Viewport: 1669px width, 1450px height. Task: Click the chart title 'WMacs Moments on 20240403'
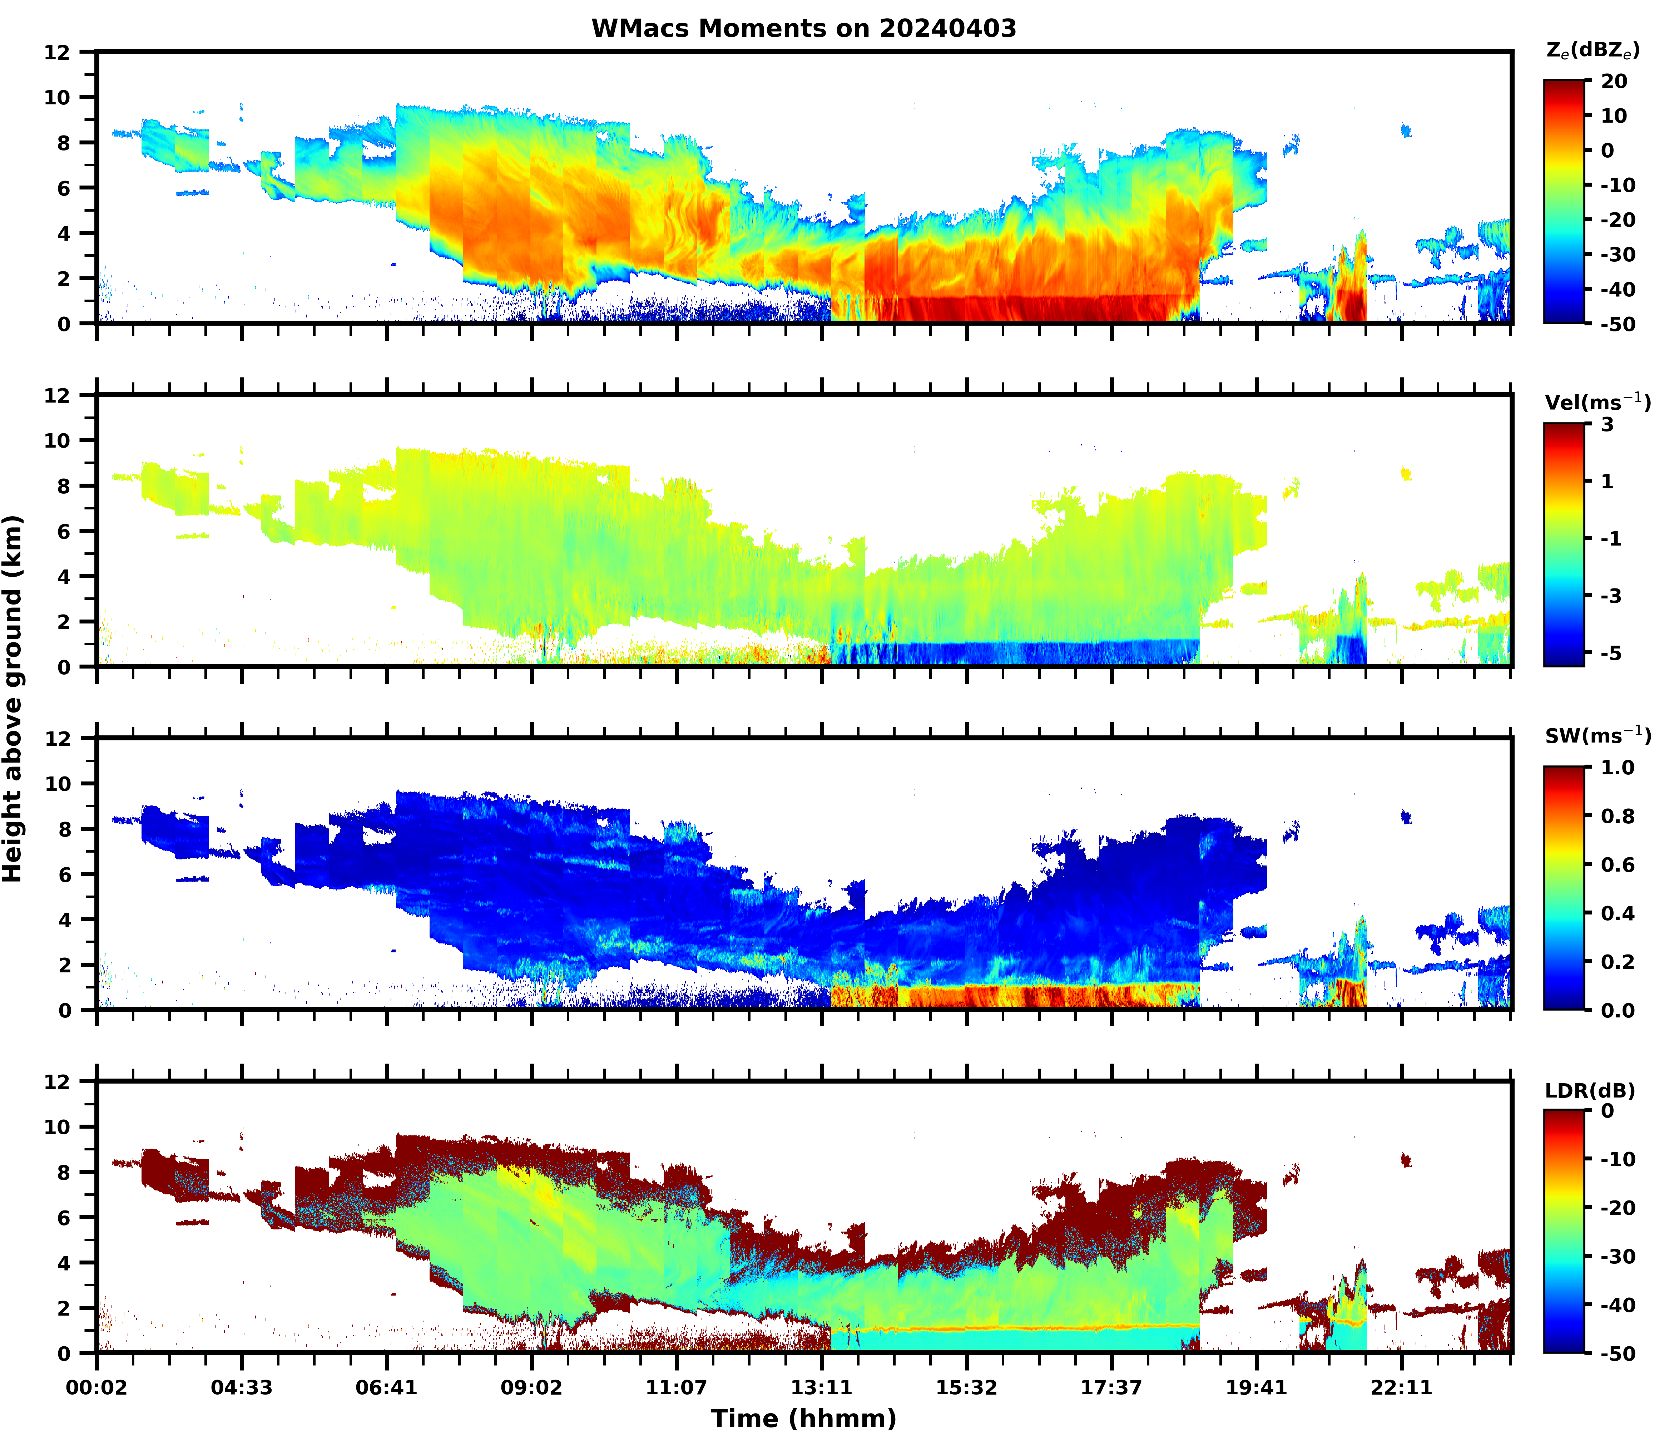[803, 28]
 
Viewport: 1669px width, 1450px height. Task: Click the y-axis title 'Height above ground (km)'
[13, 698]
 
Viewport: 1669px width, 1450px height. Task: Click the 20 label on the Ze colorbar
[1614, 82]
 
